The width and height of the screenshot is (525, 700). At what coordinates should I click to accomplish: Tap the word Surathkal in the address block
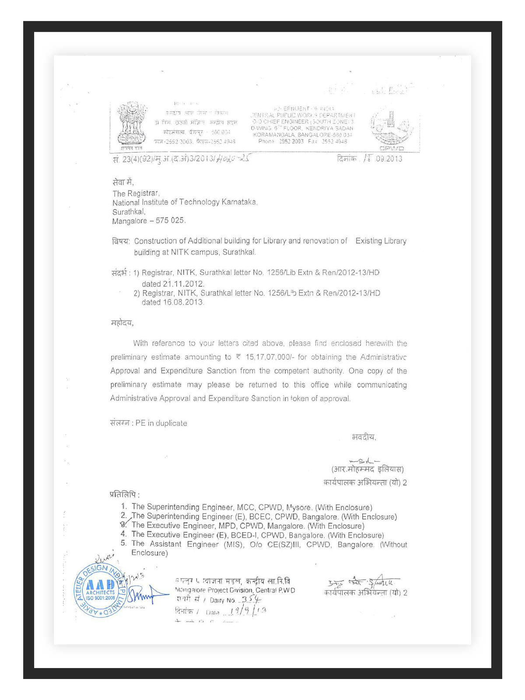[128, 212]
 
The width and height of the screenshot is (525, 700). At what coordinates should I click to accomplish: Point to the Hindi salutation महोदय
[122, 323]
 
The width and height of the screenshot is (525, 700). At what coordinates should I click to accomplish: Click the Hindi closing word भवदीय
[364, 437]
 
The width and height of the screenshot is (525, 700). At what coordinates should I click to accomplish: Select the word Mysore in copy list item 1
[299, 507]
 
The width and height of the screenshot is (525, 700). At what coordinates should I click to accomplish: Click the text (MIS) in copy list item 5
[233, 545]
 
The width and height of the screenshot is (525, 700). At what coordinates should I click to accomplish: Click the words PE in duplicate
[161, 423]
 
